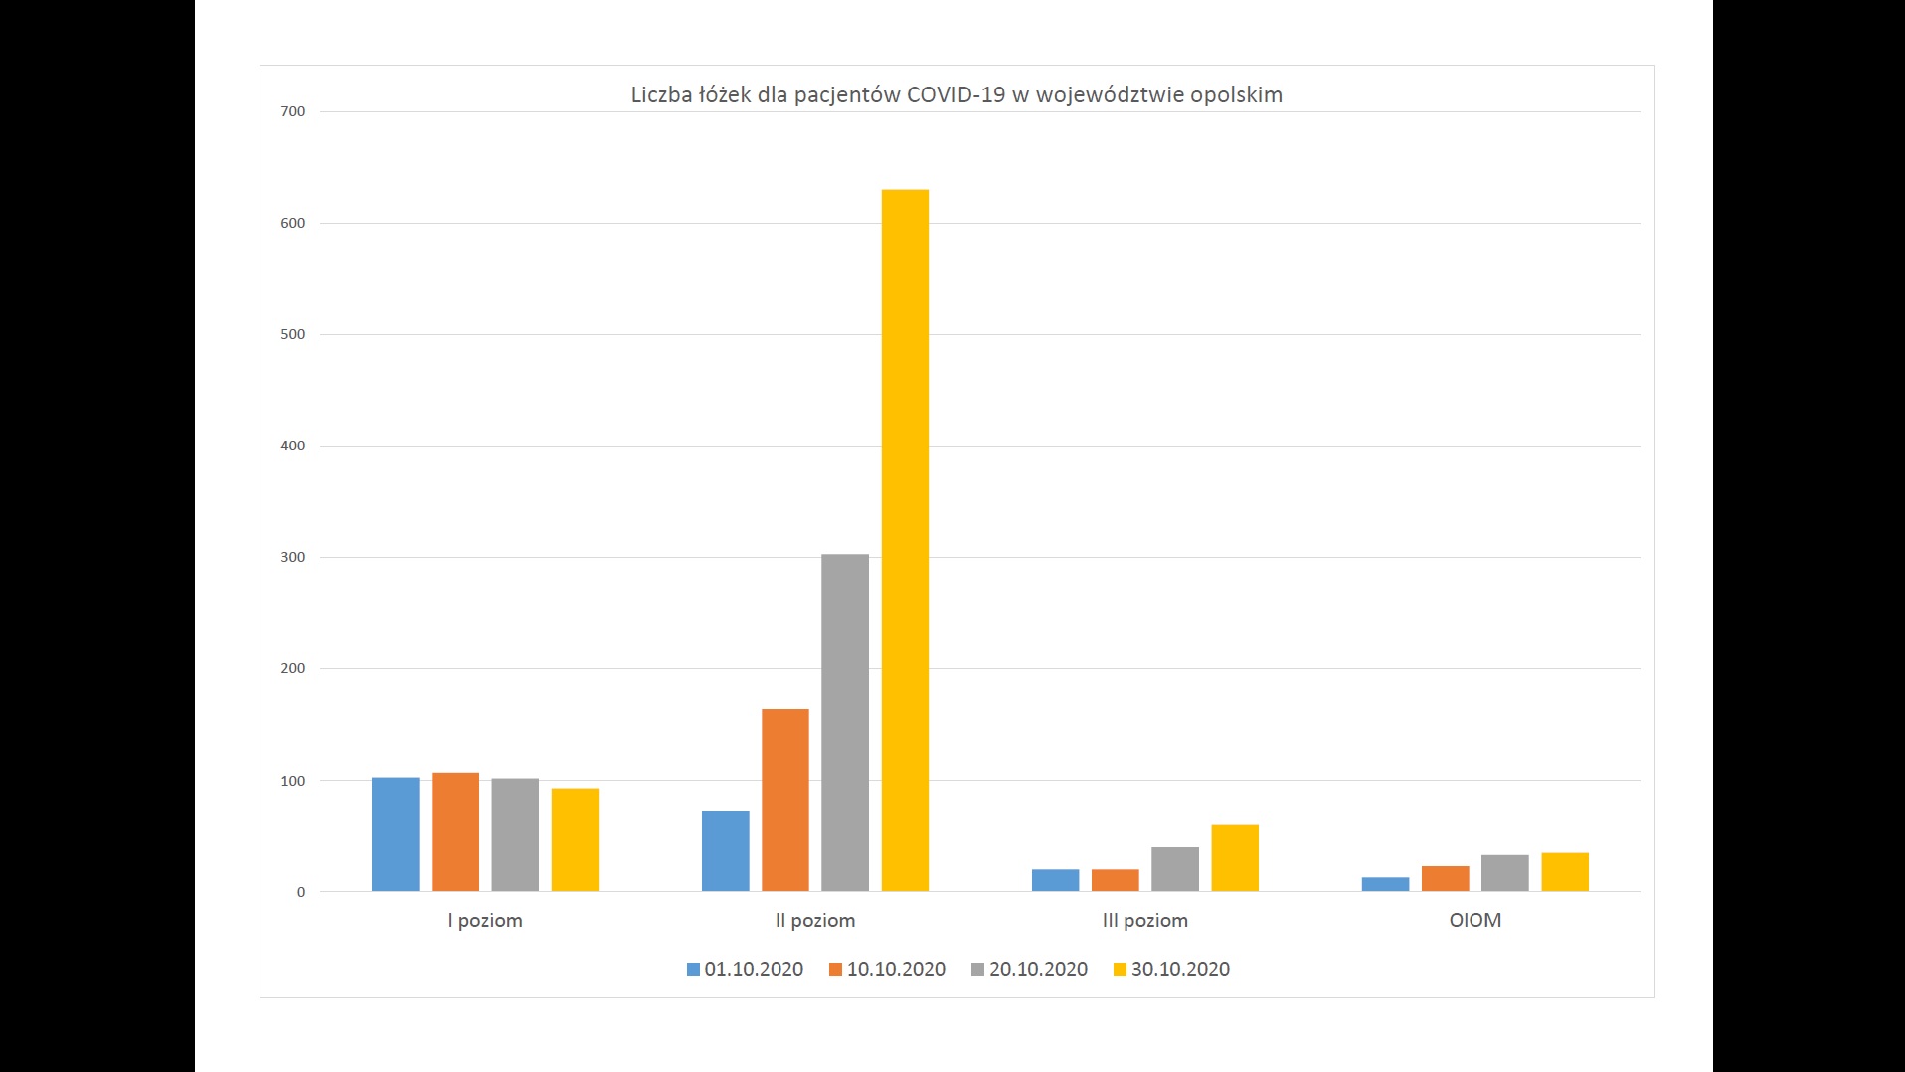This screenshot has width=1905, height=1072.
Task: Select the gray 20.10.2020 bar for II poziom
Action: tap(845, 722)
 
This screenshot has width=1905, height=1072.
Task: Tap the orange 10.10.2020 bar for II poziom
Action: tap(785, 800)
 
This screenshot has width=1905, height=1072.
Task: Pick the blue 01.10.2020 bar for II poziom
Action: tap(726, 851)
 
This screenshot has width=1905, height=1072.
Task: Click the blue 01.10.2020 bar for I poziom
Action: tap(396, 834)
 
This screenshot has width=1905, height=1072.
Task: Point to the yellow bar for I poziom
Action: tap(575, 839)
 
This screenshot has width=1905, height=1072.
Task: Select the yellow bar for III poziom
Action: tap(1235, 858)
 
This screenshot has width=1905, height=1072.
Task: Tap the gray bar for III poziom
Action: tap(1175, 869)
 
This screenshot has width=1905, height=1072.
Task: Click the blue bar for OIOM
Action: tap(1386, 884)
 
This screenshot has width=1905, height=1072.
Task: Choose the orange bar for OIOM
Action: tap(1446, 878)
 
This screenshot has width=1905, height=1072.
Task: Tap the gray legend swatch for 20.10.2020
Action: tap(978, 969)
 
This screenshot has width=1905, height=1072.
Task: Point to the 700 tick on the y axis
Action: tap(293, 111)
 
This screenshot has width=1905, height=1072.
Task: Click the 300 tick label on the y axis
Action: tap(293, 557)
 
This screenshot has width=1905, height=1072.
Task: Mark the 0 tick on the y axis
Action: tap(300, 892)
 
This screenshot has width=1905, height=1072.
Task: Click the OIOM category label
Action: tap(1475, 920)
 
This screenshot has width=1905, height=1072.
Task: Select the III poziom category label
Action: tap(1145, 920)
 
